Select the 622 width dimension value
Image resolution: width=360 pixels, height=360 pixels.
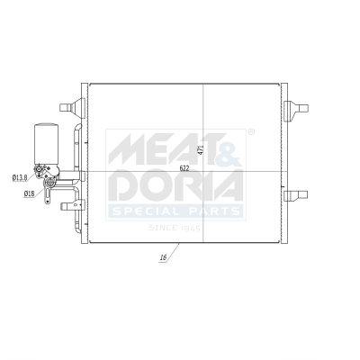pos(185,167)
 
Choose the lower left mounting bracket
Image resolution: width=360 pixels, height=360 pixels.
pos(68,206)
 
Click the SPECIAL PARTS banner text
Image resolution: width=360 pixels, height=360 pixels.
pos(175,211)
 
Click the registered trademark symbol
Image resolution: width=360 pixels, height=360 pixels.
pos(250,132)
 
